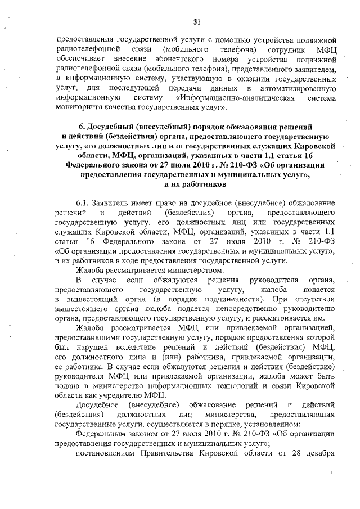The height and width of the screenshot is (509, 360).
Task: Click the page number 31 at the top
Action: (x=197, y=22)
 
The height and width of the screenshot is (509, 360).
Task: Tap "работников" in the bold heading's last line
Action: (x=197, y=185)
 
